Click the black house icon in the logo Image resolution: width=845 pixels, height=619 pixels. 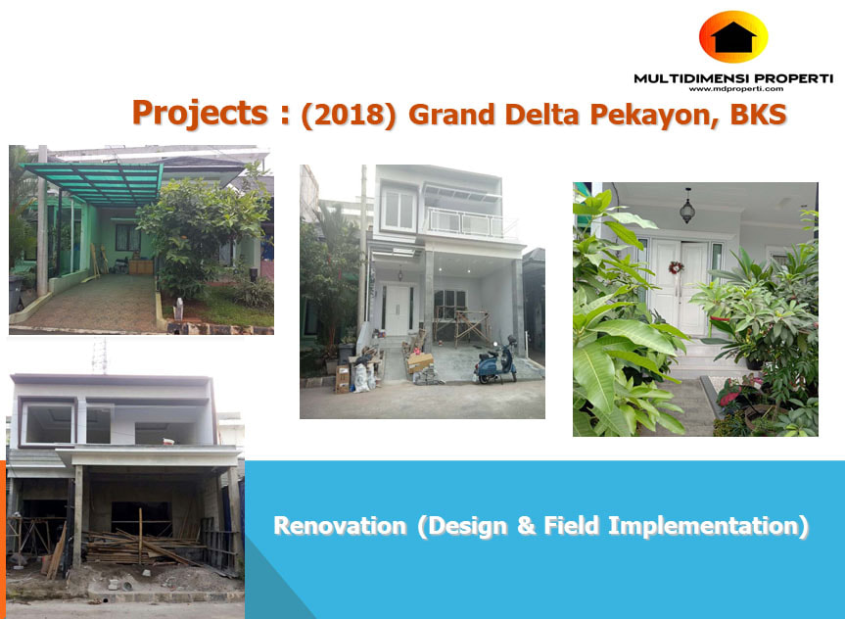tap(733, 37)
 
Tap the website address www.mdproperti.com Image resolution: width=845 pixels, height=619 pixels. tap(735, 89)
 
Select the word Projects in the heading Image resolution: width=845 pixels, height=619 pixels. tap(200, 114)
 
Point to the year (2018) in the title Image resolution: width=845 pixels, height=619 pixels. tap(349, 115)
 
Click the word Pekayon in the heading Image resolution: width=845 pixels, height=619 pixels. tap(653, 115)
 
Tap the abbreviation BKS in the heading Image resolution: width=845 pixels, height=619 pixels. tap(758, 115)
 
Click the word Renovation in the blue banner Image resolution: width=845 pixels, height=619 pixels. tap(340, 526)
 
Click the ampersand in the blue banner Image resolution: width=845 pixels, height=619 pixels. tap(526, 526)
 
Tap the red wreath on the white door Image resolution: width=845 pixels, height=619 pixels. tap(676, 267)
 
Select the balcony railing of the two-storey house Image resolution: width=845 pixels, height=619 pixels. tap(467, 222)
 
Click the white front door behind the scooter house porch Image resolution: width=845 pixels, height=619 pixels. tap(398, 310)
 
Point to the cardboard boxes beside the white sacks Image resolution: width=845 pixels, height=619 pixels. tap(342, 379)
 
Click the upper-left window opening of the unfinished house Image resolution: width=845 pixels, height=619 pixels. tap(49, 423)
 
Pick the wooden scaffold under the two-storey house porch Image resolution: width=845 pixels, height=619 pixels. tap(471, 327)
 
